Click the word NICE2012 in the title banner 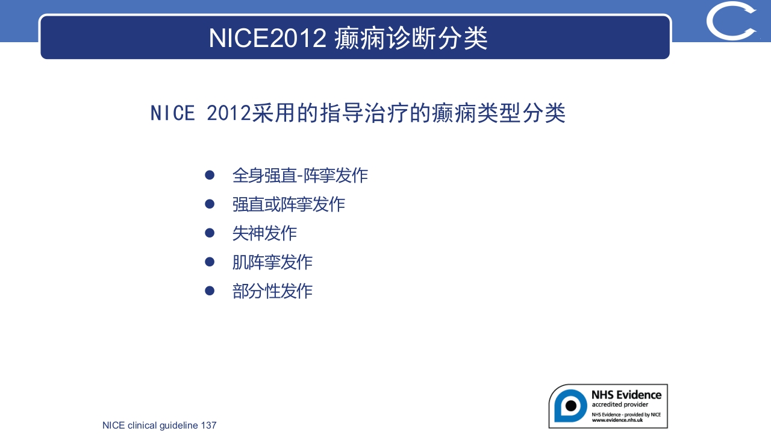pyautogui.click(x=267, y=38)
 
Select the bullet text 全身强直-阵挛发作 pyautogui.click(x=300, y=175)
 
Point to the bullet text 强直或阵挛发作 pyautogui.click(x=289, y=204)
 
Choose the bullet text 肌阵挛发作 pyautogui.click(x=272, y=262)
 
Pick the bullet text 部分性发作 pyautogui.click(x=272, y=291)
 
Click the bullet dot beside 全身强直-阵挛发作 pyautogui.click(x=210, y=175)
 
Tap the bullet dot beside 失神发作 pyautogui.click(x=210, y=233)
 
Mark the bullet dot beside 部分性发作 pyautogui.click(x=210, y=291)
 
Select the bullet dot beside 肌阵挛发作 pyautogui.click(x=210, y=262)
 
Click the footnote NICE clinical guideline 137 pyautogui.click(x=160, y=426)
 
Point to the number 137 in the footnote pyautogui.click(x=208, y=426)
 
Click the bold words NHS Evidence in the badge pyautogui.click(x=626, y=395)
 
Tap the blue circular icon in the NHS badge pyautogui.click(x=570, y=406)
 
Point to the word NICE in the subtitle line pyautogui.click(x=173, y=113)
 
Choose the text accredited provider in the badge pyautogui.click(x=620, y=404)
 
